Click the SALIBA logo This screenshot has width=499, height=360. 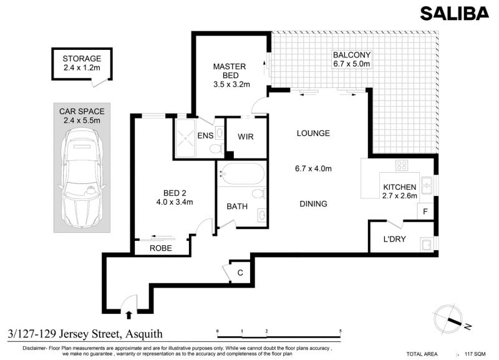coord(454,14)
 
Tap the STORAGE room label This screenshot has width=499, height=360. coord(82,59)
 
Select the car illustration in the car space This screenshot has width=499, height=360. coord(82,178)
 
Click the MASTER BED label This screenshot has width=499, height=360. coord(230,71)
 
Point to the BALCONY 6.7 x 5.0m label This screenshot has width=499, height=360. coord(352,59)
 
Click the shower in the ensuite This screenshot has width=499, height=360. coord(185,138)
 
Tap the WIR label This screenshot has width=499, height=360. coord(246,137)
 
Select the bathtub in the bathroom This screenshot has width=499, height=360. coord(242,174)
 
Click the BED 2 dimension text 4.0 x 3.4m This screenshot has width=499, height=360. coord(175,202)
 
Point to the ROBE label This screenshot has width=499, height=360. coord(161,248)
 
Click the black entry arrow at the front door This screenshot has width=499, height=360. coord(128,315)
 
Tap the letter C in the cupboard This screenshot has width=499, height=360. coord(240,273)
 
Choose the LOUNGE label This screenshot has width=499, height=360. coord(313,134)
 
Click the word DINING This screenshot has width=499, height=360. coord(314,204)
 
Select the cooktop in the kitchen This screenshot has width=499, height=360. coord(402,165)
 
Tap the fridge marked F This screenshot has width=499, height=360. coord(425,212)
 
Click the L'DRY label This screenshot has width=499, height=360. coord(395,239)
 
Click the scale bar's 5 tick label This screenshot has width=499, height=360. coord(340,331)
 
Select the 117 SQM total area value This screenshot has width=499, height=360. coord(475,354)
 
